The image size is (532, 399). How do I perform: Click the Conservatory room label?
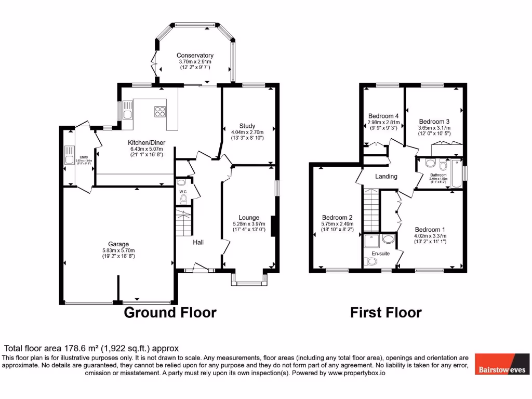click(x=195, y=56)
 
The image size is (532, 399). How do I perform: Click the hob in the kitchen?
click(x=159, y=111)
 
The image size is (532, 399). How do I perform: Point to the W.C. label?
click(x=183, y=192)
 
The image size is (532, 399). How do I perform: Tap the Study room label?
click(x=247, y=126)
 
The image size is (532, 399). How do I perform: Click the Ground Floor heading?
click(x=170, y=312)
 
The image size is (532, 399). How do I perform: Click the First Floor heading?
click(x=385, y=312)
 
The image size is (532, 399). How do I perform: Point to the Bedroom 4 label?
click(x=383, y=116)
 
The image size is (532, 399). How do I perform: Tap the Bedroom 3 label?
click(x=434, y=121)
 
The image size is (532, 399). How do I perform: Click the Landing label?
click(x=386, y=176)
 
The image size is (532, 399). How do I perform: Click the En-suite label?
click(x=379, y=254)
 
